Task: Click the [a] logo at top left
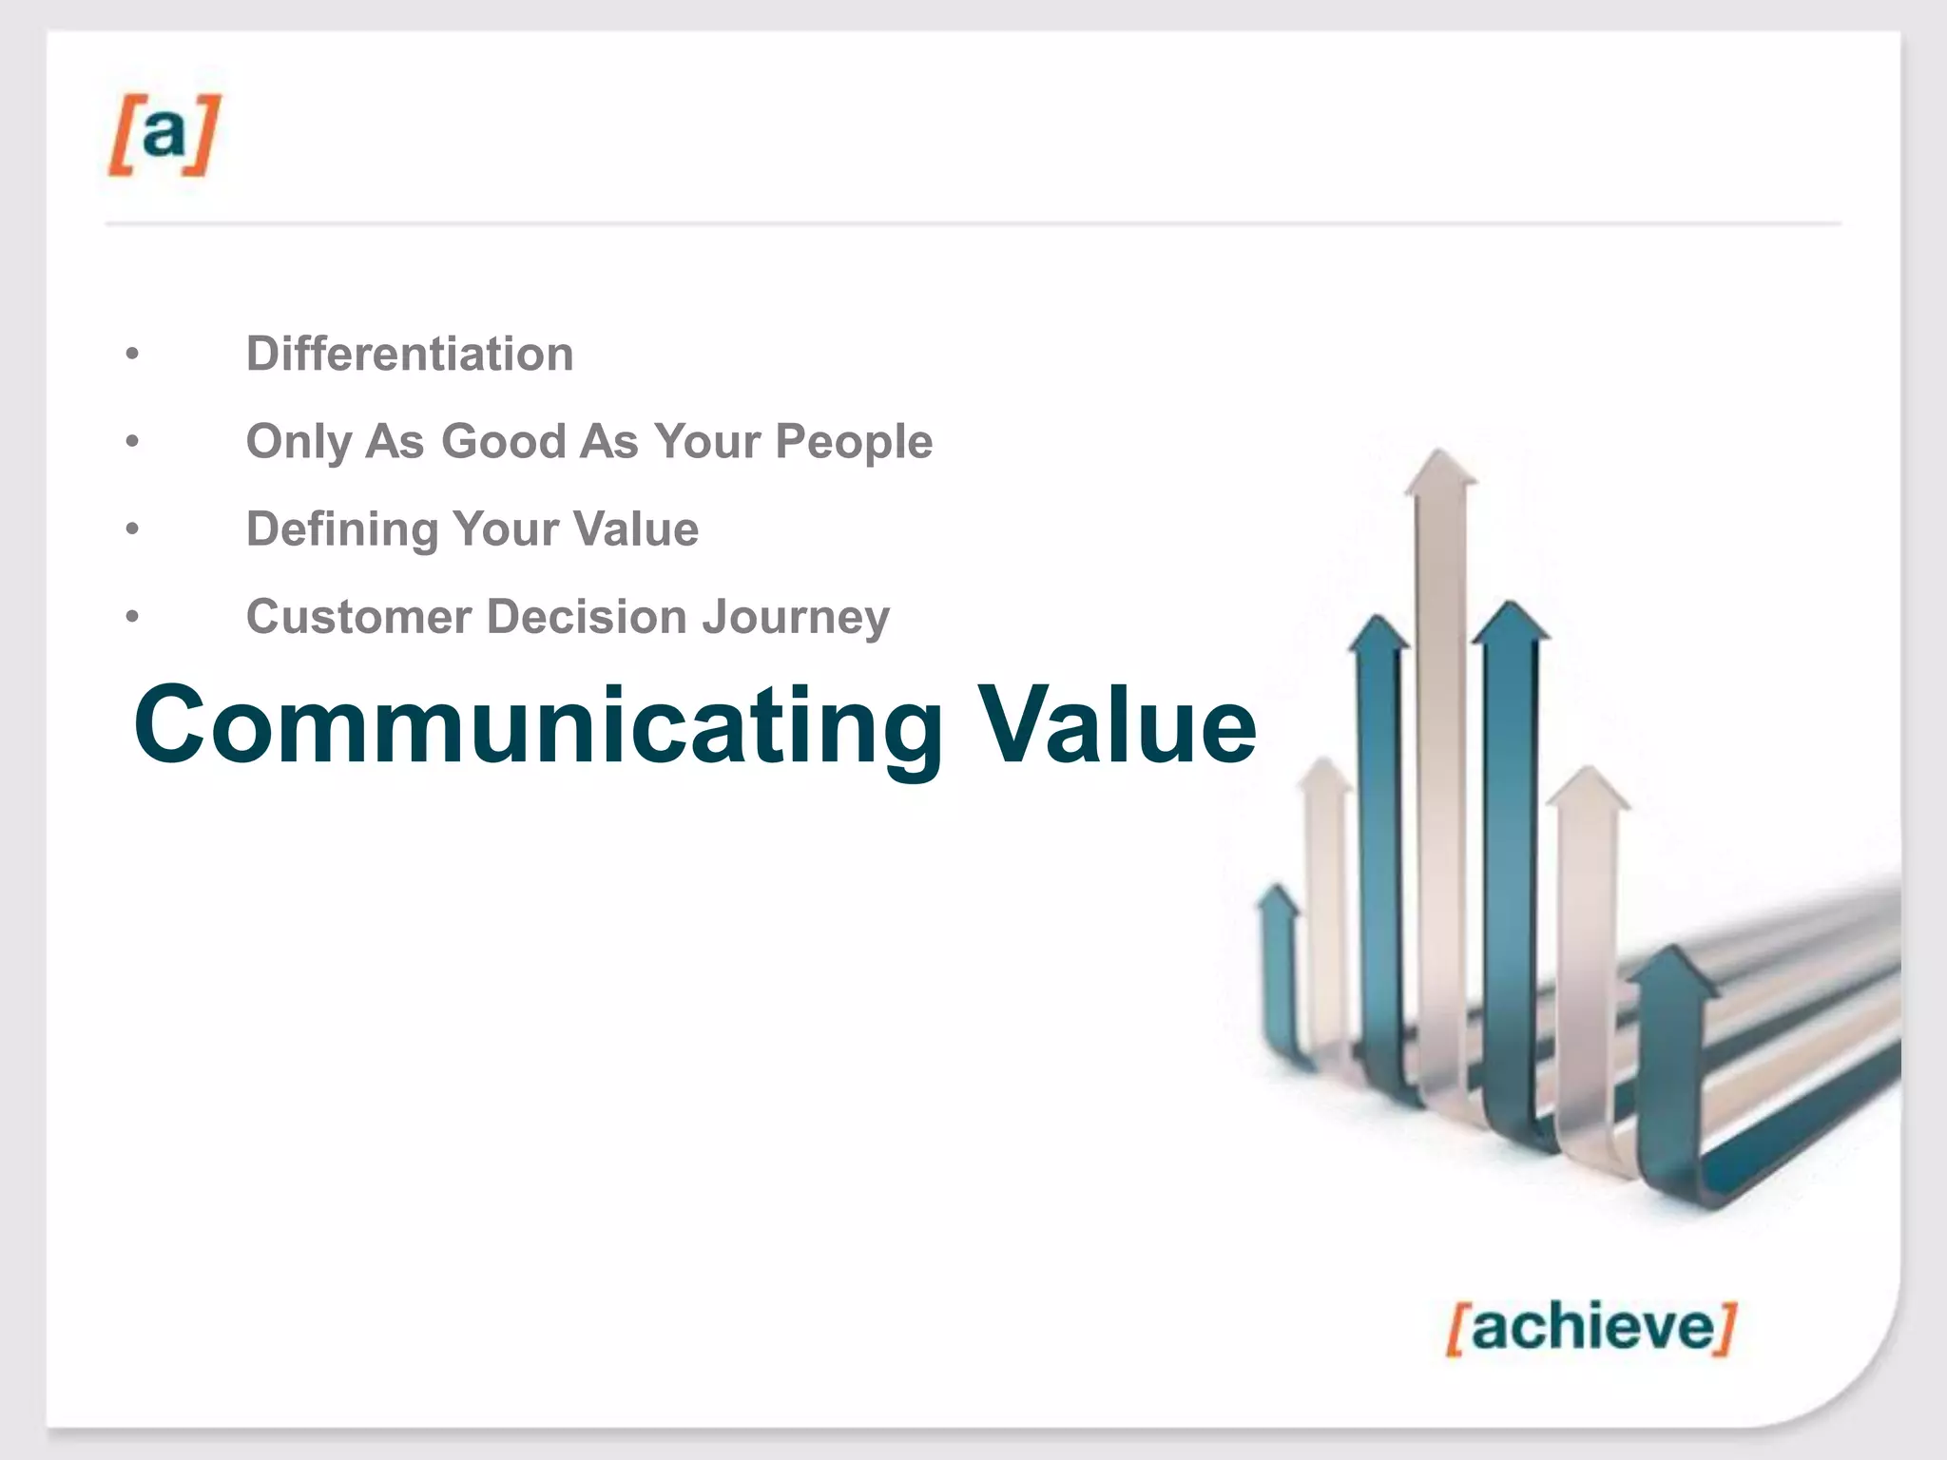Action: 164,135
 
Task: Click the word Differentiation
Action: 410,355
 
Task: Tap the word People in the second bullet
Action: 854,442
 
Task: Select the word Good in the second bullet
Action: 504,442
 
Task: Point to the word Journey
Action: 796,617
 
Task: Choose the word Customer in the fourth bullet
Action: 358,617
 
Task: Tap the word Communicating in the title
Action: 538,726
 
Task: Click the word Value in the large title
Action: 1118,726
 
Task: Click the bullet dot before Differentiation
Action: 132,355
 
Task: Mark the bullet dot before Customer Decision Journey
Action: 132,617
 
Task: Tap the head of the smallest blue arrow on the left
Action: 1277,899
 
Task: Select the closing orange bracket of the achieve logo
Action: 1726,1329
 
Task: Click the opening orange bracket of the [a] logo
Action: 120,135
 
